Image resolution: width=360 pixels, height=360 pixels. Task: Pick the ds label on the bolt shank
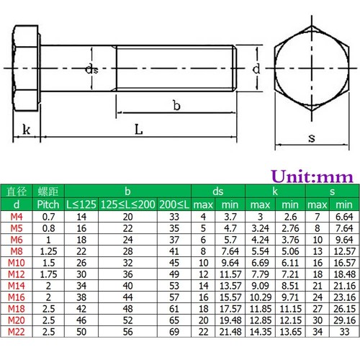(x=91, y=69)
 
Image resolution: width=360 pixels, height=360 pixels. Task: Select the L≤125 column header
(x=81, y=204)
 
